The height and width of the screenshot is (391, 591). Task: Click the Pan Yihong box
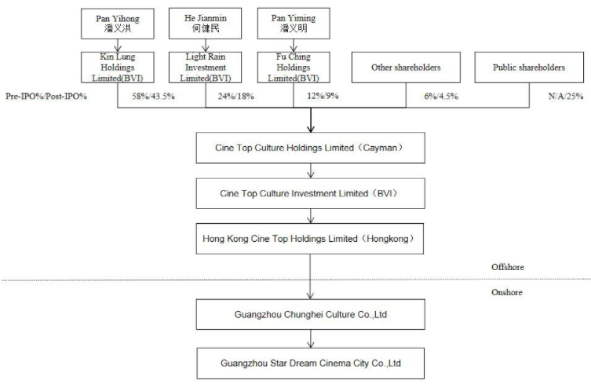[x=118, y=24]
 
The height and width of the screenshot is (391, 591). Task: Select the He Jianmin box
[x=206, y=24]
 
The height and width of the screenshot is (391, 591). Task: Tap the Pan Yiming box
[x=294, y=24]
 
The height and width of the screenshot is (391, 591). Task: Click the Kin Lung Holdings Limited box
[x=118, y=68]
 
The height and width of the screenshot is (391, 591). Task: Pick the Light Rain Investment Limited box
[x=206, y=68]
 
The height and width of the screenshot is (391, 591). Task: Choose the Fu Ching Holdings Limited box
[x=294, y=68]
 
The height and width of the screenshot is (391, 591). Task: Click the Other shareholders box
[x=406, y=68]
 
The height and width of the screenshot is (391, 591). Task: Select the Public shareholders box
[x=529, y=68]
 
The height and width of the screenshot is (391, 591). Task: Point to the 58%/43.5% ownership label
[x=153, y=96]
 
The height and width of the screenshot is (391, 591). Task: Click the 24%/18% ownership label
[x=236, y=96]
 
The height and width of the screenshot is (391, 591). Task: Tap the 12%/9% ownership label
[x=323, y=96]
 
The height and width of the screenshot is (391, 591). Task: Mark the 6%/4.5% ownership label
[x=441, y=96]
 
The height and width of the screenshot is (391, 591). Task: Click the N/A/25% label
[x=566, y=96]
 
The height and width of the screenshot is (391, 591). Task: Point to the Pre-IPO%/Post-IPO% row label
[x=46, y=96]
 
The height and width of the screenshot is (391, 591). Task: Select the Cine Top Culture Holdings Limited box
[x=311, y=148]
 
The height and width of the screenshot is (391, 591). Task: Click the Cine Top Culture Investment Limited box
[x=311, y=193]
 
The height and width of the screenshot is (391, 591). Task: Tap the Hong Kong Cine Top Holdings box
[x=310, y=239]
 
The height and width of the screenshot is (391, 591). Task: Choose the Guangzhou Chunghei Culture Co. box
[x=311, y=315]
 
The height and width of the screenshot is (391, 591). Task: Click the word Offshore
[x=507, y=267]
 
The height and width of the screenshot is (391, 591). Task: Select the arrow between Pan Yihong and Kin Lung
[x=118, y=46]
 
